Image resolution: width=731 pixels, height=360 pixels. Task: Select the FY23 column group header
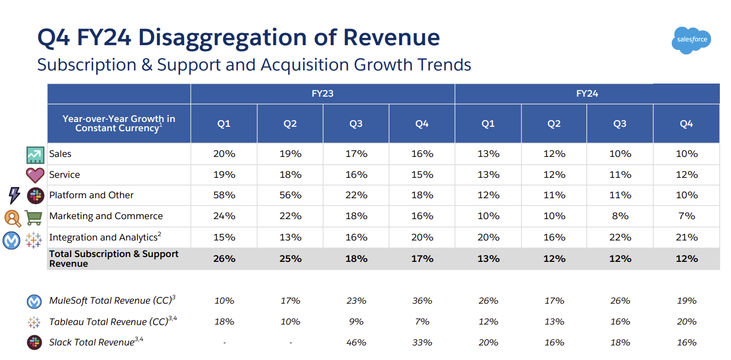(x=323, y=94)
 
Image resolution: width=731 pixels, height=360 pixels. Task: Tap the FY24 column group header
(x=587, y=94)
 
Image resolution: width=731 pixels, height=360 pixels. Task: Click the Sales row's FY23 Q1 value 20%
(x=224, y=154)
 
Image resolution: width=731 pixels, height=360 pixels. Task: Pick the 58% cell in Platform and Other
(x=224, y=195)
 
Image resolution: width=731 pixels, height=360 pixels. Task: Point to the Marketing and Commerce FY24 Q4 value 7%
(x=686, y=216)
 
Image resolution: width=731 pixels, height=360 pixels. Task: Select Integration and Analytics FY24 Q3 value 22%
(x=620, y=238)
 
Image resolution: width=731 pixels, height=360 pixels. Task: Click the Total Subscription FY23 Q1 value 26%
(x=224, y=259)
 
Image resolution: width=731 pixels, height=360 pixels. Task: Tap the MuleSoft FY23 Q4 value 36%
(x=422, y=301)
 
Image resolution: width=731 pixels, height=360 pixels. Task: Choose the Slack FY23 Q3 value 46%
(x=356, y=343)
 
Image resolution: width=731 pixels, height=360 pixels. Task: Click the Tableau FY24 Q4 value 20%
(x=686, y=322)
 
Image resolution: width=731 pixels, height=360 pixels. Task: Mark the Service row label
(x=65, y=175)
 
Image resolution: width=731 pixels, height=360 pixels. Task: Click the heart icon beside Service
(x=35, y=175)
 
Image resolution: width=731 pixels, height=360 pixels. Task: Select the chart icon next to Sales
(x=35, y=154)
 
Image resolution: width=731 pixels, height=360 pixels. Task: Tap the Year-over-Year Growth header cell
(x=119, y=123)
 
